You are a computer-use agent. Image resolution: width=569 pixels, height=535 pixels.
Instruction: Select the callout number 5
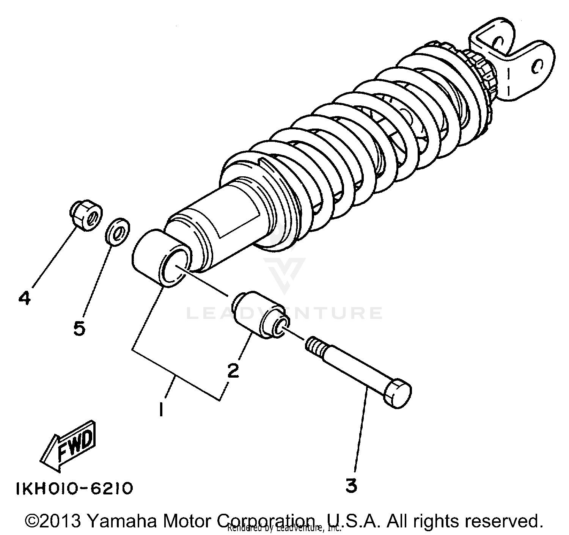point(79,328)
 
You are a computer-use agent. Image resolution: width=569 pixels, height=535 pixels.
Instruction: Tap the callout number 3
point(351,486)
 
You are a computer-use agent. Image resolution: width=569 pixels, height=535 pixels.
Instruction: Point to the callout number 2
point(233,370)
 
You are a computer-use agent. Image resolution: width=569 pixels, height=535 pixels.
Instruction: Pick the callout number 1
point(161,409)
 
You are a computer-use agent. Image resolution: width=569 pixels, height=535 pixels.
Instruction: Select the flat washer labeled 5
point(116,232)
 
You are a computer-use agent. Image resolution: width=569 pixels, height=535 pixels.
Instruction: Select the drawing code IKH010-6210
point(74,489)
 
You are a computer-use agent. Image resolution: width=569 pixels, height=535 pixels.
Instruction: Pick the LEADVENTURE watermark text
point(284,313)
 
